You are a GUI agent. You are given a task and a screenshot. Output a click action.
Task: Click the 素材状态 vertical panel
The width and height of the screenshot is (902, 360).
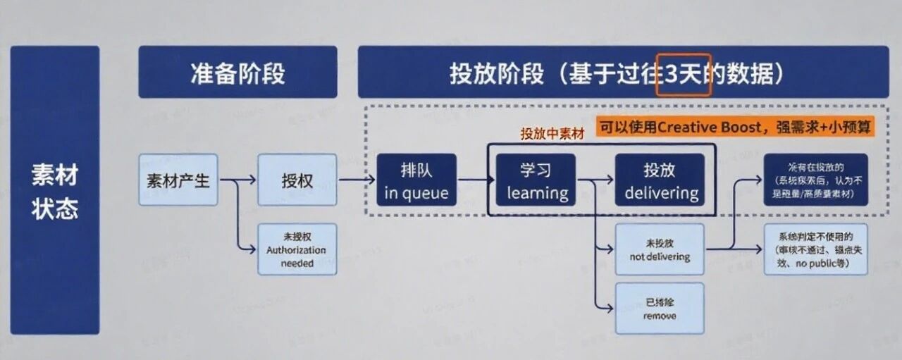pos(54,190)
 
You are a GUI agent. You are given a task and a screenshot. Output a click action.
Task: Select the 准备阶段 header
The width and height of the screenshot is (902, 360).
pos(237,73)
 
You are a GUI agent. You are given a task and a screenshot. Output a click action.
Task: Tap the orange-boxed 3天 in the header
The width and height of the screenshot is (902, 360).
pos(684,74)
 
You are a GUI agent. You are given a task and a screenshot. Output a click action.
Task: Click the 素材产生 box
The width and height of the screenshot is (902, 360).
pos(178,180)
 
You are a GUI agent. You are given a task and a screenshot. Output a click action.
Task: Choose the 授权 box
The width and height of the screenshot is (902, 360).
pos(297,180)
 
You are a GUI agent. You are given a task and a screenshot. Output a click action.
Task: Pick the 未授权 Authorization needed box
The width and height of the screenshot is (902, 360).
pos(297,249)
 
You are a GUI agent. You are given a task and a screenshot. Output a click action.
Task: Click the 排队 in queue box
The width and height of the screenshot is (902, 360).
pos(416,180)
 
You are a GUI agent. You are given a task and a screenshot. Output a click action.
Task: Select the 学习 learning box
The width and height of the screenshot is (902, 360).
pos(536,180)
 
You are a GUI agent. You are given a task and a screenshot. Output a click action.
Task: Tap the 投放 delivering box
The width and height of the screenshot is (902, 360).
pos(660,180)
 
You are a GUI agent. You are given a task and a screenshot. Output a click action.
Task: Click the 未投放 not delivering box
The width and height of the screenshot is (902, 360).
pos(660,249)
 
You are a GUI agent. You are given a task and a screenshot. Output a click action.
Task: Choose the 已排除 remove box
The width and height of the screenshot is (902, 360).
pos(660,309)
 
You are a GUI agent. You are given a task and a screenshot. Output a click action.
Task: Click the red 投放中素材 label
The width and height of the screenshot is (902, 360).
pos(552,134)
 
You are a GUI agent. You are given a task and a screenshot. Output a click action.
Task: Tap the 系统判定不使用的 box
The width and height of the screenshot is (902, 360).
pos(815,249)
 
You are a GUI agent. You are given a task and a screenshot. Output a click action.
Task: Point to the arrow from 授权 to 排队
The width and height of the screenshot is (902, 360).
pos(357,180)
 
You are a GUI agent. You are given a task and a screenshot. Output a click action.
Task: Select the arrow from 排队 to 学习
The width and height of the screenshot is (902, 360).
pos(476,180)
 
